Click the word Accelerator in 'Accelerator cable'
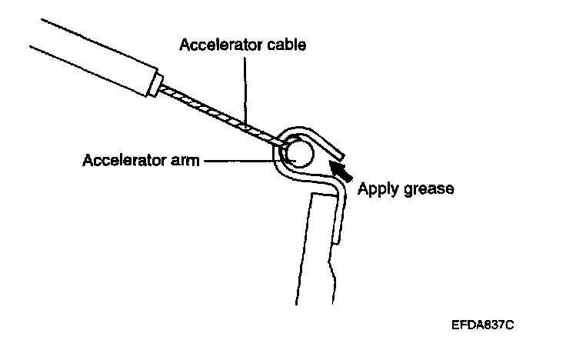click(x=216, y=44)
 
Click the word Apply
click(x=377, y=188)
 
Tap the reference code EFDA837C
click(x=483, y=325)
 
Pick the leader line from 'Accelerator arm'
click(x=241, y=162)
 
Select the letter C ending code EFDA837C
click(x=509, y=325)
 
